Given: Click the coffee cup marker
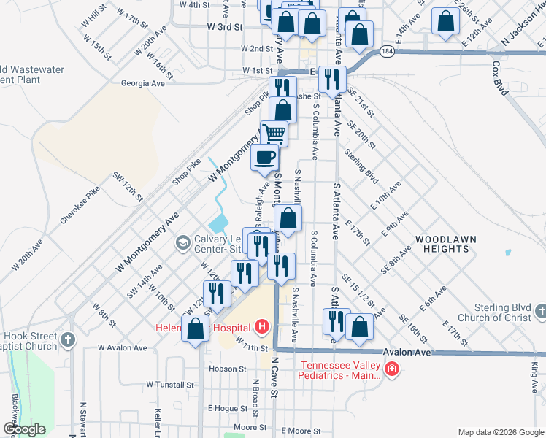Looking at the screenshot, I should [x=264, y=157].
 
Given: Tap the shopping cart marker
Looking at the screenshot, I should [x=274, y=134].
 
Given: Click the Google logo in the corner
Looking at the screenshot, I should [x=24, y=429].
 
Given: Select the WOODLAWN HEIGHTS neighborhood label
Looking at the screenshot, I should [x=442, y=244].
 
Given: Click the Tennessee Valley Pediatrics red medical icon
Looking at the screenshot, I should [x=392, y=369].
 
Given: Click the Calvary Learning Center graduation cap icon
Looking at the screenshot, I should [x=182, y=242].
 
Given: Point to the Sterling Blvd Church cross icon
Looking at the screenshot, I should [x=540, y=312].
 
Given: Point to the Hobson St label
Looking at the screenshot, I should [x=227, y=369].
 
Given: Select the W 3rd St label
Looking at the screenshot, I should [x=224, y=27].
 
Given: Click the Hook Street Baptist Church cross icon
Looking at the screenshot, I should [x=68, y=340].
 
